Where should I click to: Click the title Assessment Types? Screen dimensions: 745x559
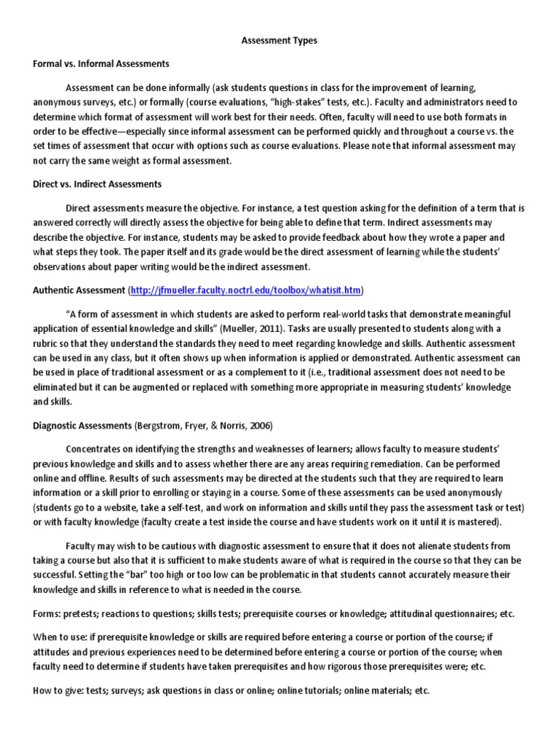tap(279, 41)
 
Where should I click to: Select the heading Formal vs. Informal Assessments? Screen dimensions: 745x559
tap(101, 64)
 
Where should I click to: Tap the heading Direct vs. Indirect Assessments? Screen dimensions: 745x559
tap(98, 184)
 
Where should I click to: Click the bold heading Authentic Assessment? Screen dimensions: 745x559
tap(79, 290)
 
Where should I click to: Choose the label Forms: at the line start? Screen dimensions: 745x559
tap(47, 613)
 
